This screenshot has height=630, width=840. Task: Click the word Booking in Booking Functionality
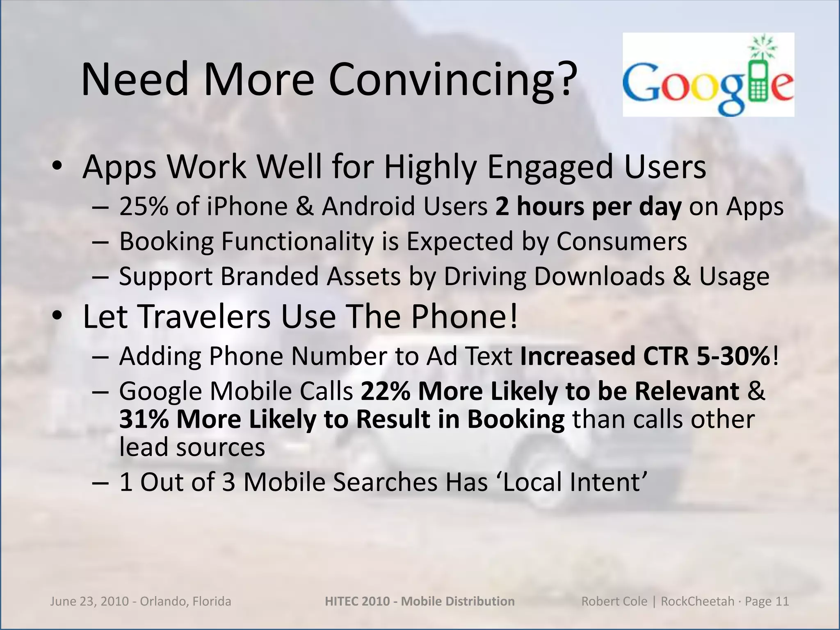point(166,242)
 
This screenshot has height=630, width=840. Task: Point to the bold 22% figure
point(386,391)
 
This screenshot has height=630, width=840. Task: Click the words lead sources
point(192,447)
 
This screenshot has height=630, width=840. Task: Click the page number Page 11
point(767,601)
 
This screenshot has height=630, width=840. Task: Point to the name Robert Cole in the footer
point(614,601)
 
